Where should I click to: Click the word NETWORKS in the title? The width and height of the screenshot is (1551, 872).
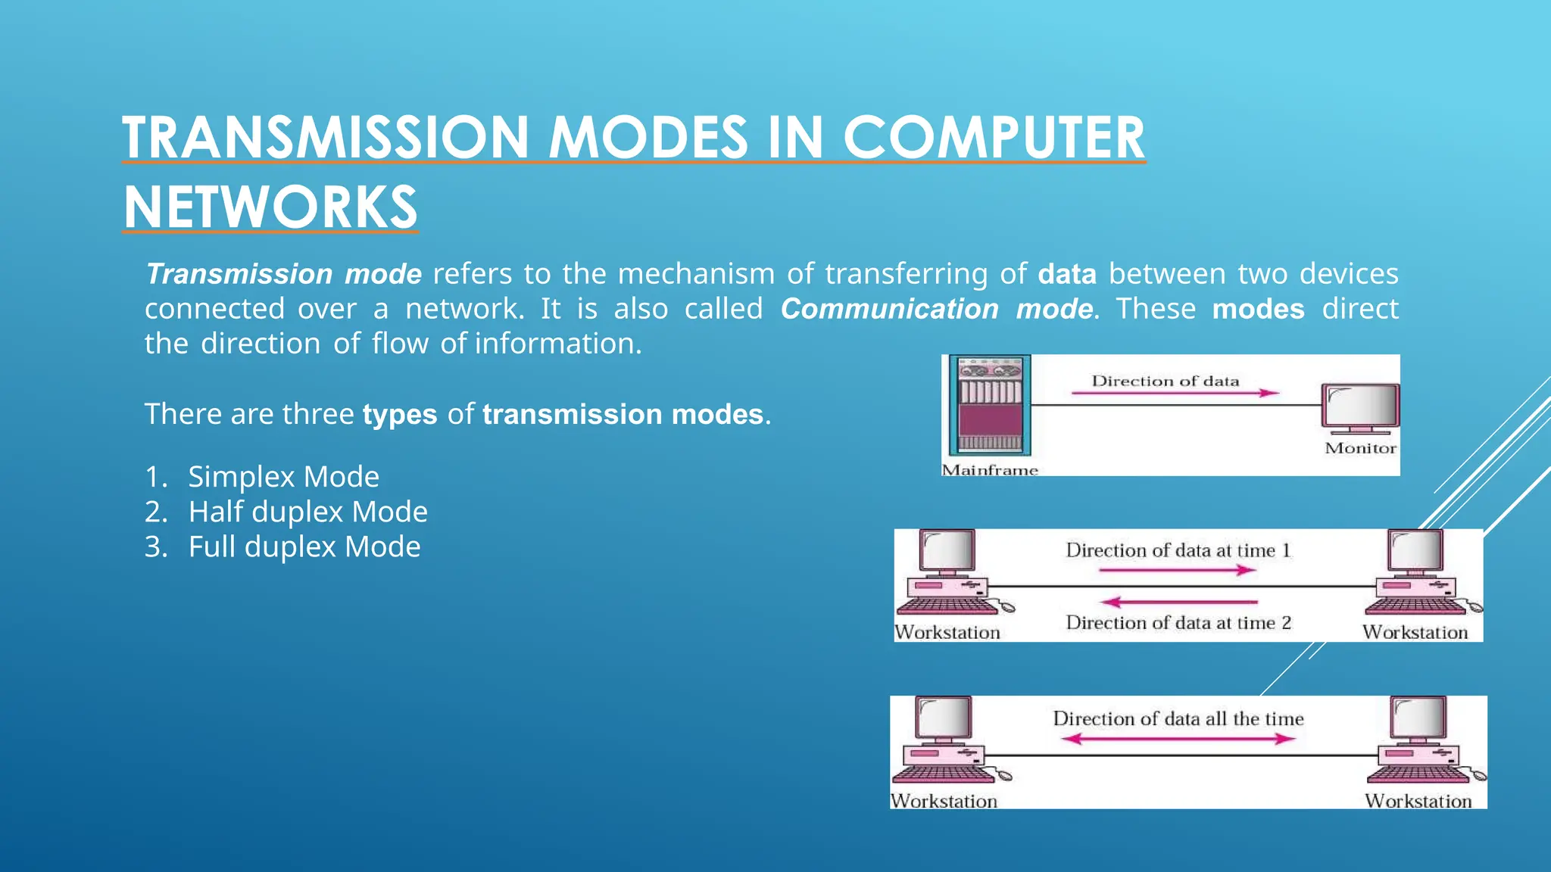[270, 207]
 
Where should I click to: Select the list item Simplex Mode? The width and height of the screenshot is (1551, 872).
[283, 477]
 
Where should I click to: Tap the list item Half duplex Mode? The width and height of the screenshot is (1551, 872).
[307, 512]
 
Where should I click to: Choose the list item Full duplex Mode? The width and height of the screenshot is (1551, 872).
[304, 547]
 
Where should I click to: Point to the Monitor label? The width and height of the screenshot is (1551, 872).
[1360, 448]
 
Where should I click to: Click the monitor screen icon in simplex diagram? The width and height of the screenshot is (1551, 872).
[1360, 407]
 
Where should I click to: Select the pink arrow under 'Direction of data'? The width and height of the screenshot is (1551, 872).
[1174, 393]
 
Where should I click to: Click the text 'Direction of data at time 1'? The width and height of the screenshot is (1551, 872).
[1178, 550]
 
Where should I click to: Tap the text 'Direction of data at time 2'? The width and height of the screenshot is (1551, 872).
[1178, 623]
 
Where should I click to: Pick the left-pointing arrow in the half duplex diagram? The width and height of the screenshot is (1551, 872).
[1178, 603]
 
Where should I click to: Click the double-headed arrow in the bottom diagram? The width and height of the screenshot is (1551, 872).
[1178, 739]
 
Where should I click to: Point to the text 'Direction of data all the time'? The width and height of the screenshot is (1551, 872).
[1178, 718]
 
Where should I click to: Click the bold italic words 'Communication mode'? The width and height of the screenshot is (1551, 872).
[937, 309]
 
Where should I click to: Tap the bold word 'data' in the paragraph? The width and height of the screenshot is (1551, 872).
[1066, 274]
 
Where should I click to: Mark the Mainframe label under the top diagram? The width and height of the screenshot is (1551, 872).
[989, 469]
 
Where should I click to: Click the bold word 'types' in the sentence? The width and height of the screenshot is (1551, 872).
[400, 415]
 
